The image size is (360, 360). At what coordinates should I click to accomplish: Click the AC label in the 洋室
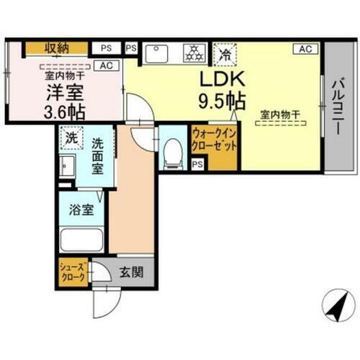[107, 66]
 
